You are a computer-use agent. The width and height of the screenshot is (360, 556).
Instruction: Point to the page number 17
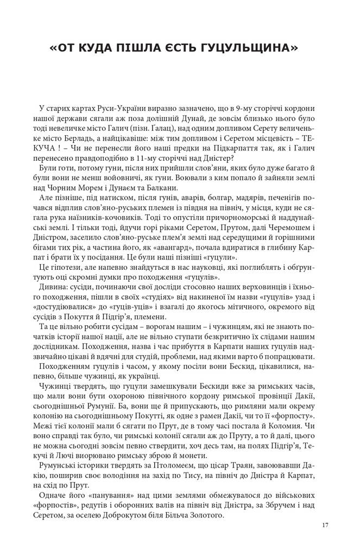coord(325,525)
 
